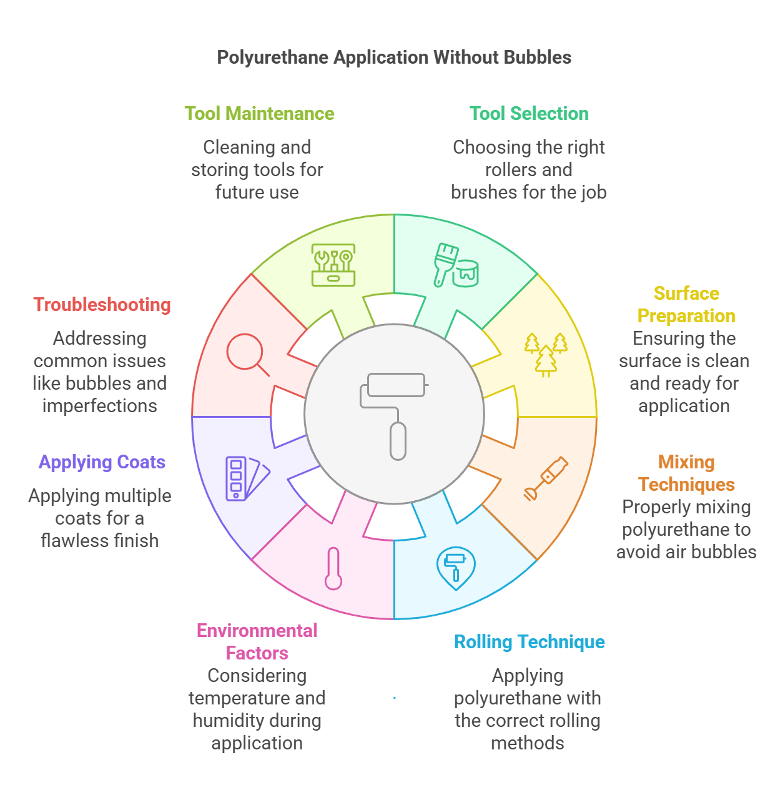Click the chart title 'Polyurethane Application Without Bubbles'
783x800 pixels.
pyautogui.click(x=394, y=57)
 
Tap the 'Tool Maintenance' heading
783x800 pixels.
pyautogui.click(x=259, y=114)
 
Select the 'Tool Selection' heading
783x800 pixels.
pyautogui.click(x=529, y=114)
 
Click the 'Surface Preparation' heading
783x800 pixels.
pyautogui.click(x=686, y=305)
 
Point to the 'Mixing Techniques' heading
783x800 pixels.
pyautogui.click(x=686, y=473)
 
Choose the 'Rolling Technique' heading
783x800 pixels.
pyautogui.click(x=529, y=642)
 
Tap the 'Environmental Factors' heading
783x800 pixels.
pyautogui.click(x=257, y=642)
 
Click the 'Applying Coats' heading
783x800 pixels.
pyautogui.click(x=102, y=462)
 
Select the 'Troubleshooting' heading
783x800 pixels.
pyautogui.click(x=102, y=305)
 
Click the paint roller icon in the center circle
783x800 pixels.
pyautogui.click(x=394, y=414)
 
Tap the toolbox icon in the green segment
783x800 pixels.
pyautogui.click(x=333, y=265)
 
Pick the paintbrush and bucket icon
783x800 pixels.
pyautogui.click(x=456, y=265)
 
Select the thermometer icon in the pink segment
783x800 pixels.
pyautogui.click(x=333, y=568)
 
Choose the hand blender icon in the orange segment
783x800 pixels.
pyautogui.click(x=546, y=478)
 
